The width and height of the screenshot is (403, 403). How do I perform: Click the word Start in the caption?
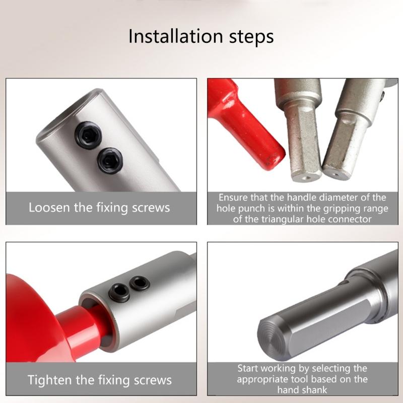tap(248, 368)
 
